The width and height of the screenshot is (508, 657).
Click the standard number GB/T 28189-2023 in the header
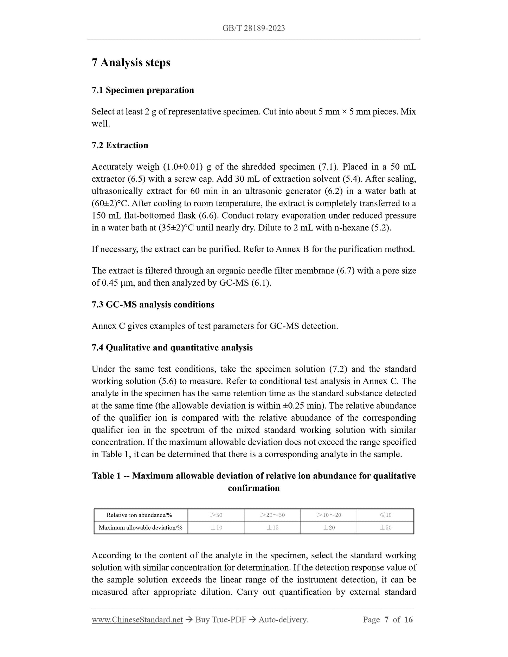point(253,28)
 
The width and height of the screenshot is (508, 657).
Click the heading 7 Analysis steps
point(131,63)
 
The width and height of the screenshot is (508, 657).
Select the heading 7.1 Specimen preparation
point(143,90)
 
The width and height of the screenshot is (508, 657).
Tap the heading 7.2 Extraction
point(120,145)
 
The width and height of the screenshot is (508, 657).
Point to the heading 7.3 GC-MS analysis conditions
point(153,305)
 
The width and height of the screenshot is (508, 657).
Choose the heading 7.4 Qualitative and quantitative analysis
point(172,348)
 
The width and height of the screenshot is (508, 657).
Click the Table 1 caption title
point(254,482)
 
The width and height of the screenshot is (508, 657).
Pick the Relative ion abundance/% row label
point(139,515)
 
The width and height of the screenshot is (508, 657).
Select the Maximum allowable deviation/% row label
point(141,527)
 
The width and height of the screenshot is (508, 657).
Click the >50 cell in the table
point(216,515)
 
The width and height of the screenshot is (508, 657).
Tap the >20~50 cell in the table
point(272,515)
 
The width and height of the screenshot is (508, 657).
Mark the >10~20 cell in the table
point(329,515)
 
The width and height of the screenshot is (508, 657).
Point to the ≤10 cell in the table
point(385,515)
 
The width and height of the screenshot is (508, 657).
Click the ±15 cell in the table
point(272,527)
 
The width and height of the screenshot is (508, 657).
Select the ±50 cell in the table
point(385,527)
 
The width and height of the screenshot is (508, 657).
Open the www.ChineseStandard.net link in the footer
point(137,620)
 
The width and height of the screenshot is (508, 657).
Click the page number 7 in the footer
point(386,620)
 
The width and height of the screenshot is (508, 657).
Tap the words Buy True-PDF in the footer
point(220,620)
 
